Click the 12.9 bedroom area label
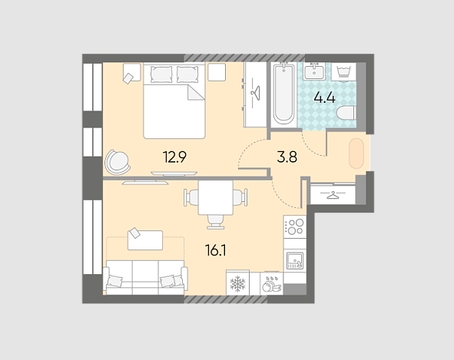click(x=174, y=157)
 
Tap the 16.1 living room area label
click(x=215, y=250)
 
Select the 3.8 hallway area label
click(x=287, y=157)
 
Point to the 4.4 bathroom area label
click(x=325, y=97)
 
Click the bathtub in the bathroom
click(x=283, y=94)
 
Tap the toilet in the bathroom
click(x=346, y=113)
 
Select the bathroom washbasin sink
click(x=314, y=71)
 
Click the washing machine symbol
click(x=343, y=71)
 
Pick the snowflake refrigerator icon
click(x=237, y=283)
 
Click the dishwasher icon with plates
click(x=272, y=283)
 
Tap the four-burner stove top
click(x=295, y=226)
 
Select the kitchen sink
click(x=295, y=260)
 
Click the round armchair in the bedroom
click(x=118, y=163)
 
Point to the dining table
click(x=216, y=197)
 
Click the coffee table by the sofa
click(x=145, y=240)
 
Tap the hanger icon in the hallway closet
click(x=333, y=195)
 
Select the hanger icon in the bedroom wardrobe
click(x=255, y=93)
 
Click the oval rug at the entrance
click(x=356, y=154)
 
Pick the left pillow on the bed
click(x=161, y=74)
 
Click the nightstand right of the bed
click(x=217, y=72)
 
